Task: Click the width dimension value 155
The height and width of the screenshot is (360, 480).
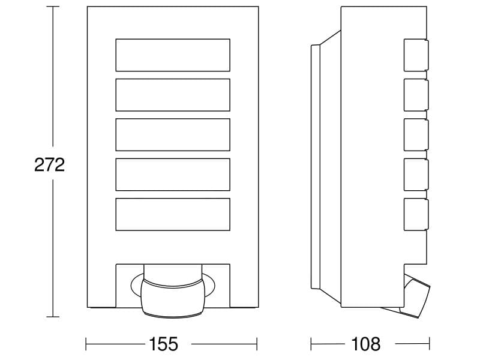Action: point(163,343)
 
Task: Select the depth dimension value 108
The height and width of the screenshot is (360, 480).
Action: point(366,343)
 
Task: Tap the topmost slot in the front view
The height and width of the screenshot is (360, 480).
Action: point(173,55)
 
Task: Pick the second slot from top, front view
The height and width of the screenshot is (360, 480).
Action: point(173,95)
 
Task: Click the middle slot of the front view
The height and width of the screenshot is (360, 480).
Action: point(173,134)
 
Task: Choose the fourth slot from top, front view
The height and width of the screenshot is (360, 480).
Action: point(173,175)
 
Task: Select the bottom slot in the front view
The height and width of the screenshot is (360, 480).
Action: point(173,214)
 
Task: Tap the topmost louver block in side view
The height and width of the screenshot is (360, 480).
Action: point(416,55)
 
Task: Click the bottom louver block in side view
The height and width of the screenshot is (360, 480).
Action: point(416,214)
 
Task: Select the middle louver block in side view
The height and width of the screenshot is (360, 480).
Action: point(416,134)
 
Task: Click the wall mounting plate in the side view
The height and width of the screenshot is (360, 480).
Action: point(316,167)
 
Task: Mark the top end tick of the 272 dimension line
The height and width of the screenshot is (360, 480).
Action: point(53,7)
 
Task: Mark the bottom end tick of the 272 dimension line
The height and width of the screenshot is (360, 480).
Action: point(53,317)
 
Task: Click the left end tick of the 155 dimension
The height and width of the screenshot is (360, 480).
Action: point(86,344)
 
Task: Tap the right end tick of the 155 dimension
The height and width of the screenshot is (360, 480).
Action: point(257,344)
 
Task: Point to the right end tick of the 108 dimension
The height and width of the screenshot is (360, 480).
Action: point(430,344)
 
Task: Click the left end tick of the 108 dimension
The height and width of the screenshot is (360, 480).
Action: point(311,344)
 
